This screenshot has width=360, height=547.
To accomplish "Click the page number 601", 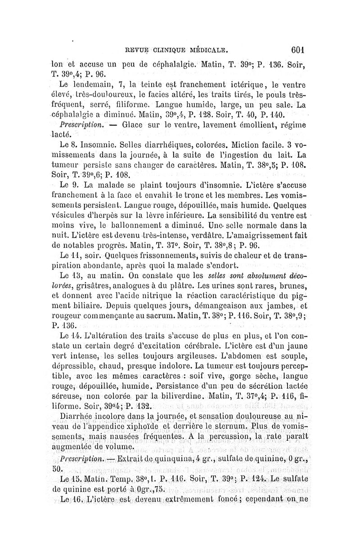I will (x=299, y=49).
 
